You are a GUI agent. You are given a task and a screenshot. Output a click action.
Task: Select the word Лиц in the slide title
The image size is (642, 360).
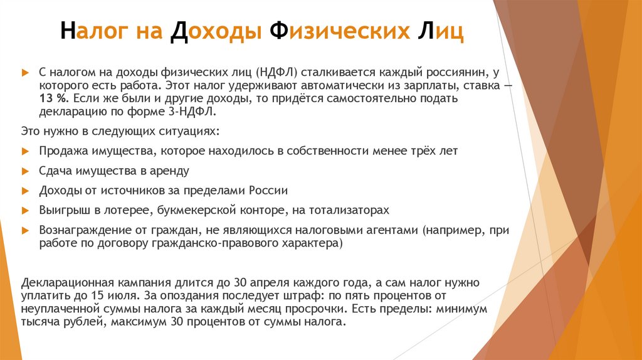(439, 31)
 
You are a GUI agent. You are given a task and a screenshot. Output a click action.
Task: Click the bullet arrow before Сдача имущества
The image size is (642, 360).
(24, 171)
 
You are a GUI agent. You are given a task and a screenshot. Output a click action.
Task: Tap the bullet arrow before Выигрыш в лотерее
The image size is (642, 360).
(24, 210)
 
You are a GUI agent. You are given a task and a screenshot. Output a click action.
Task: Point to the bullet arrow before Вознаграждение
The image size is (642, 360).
(24, 230)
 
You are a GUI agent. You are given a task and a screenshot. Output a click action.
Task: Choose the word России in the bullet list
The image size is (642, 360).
(268, 191)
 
